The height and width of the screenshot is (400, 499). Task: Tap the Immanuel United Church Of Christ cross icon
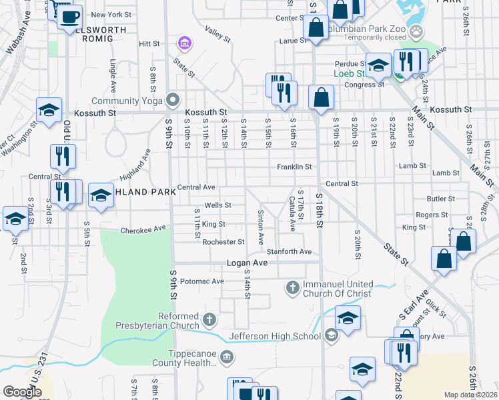[292, 288]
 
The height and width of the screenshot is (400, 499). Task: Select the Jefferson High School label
[276, 336]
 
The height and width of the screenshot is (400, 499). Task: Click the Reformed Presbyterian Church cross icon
[209, 320]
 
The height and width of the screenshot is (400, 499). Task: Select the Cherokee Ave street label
[143, 229]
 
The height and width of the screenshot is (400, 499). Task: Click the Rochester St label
[223, 242]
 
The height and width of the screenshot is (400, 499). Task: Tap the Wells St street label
[217, 205]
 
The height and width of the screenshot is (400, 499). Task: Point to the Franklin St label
[294, 167]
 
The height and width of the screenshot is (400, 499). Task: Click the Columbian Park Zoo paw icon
[417, 30]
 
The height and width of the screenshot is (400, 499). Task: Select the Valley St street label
[217, 31]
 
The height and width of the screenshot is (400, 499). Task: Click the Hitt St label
[149, 43]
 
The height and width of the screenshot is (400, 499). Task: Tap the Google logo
[22, 392]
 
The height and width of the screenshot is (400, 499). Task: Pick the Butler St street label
[441, 199]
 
